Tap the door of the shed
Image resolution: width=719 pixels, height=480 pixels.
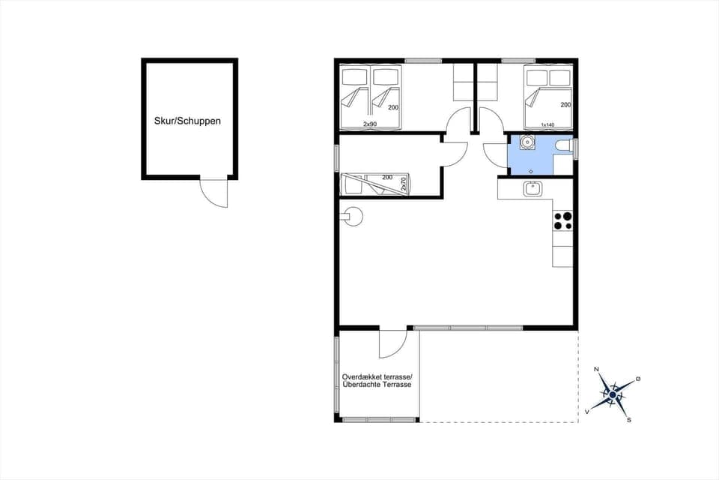(214, 193)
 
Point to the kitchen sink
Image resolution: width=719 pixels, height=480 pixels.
(533, 189)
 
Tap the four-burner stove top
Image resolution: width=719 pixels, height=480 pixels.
(562, 220)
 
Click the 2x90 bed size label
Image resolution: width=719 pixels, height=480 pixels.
(369, 124)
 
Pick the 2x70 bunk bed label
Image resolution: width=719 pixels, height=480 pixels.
(404, 184)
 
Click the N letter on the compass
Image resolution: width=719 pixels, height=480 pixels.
(597, 370)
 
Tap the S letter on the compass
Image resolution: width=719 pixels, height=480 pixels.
(629, 419)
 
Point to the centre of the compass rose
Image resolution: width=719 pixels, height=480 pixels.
(613, 394)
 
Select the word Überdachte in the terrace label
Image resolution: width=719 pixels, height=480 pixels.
(361, 385)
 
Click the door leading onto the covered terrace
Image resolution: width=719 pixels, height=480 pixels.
(392, 343)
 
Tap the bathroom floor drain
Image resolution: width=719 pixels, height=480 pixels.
(531, 170)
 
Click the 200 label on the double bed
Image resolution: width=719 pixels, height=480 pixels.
(565, 105)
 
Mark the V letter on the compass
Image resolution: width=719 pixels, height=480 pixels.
(587, 412)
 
